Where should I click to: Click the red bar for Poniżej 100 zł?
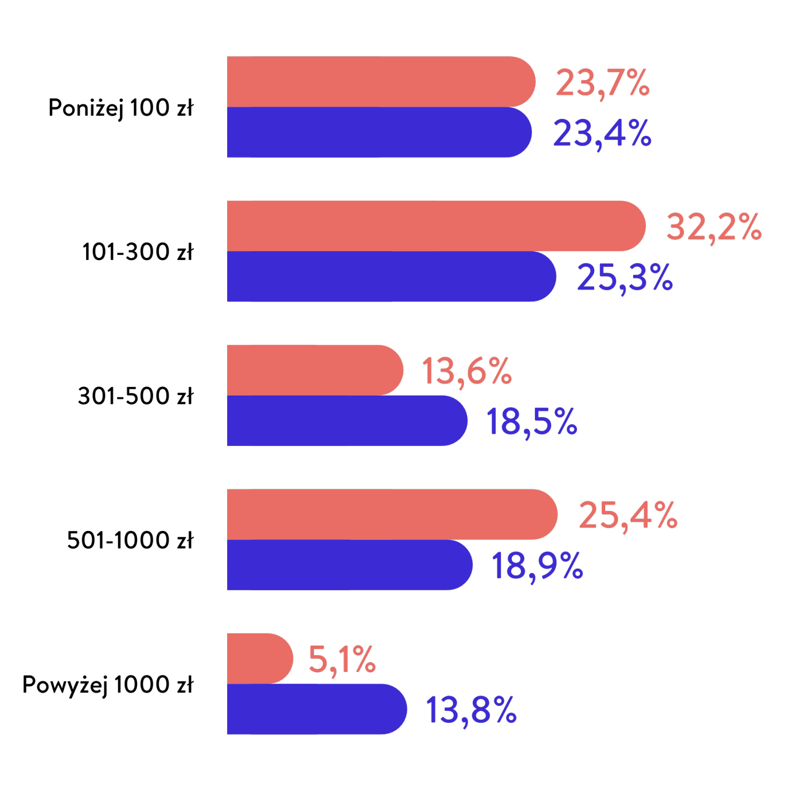click(381, 82)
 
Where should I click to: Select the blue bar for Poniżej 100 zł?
click(379, 132)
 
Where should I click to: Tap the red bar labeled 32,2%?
click(436, 226)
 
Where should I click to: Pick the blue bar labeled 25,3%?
click(391, 276)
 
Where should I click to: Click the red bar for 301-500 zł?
click(315, 370)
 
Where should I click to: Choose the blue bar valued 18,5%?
click(347, 420)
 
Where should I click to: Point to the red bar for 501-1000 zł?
click(392, 514)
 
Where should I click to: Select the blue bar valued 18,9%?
click(349, 564)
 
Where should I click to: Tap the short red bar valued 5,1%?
click(260, 658)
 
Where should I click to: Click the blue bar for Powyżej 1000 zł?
click(317, 709)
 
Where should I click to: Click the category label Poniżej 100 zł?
click(121, 108)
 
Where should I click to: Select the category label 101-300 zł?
click(137, 252)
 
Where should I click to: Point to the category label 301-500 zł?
click(135, 396)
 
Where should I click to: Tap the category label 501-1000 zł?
click(130, 540)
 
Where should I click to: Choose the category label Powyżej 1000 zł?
click(108, 685)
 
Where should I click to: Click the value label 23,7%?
click(603, 83)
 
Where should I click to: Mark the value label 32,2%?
click(714, 227)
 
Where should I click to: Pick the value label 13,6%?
click(467, 371)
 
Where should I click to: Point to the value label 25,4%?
click(628, 516)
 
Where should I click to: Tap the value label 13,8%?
click(471, 710)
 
